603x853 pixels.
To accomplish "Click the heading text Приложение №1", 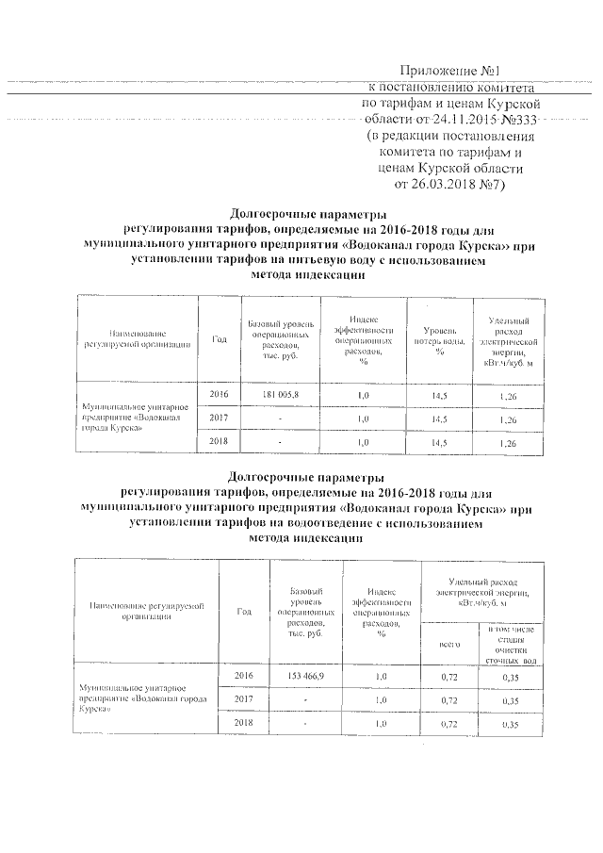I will tap(455, 70).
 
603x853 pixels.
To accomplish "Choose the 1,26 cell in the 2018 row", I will tap(508, 442).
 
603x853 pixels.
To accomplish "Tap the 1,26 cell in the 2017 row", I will tap(508, 417).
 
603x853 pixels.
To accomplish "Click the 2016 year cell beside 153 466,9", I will tap(244, 677).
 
